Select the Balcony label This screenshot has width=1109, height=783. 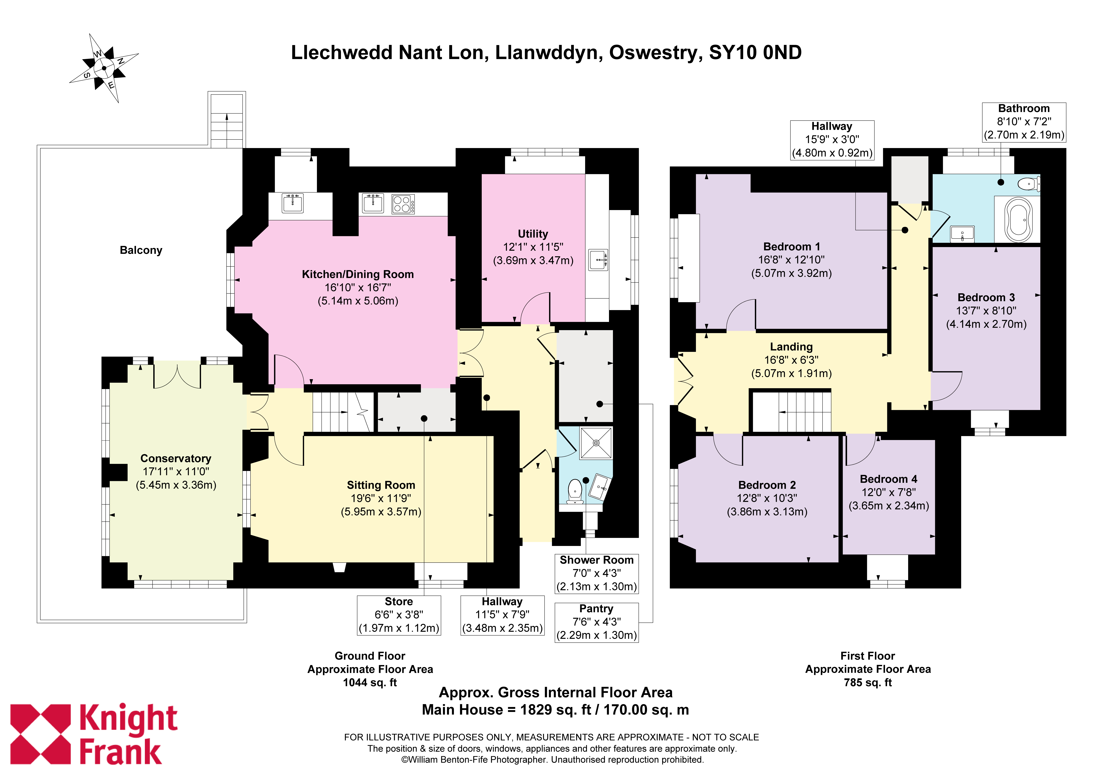[141, 250]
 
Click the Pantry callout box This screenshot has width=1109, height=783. [596, 622]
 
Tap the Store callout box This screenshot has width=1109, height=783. [399, 615]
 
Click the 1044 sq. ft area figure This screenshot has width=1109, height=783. [370, 683]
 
